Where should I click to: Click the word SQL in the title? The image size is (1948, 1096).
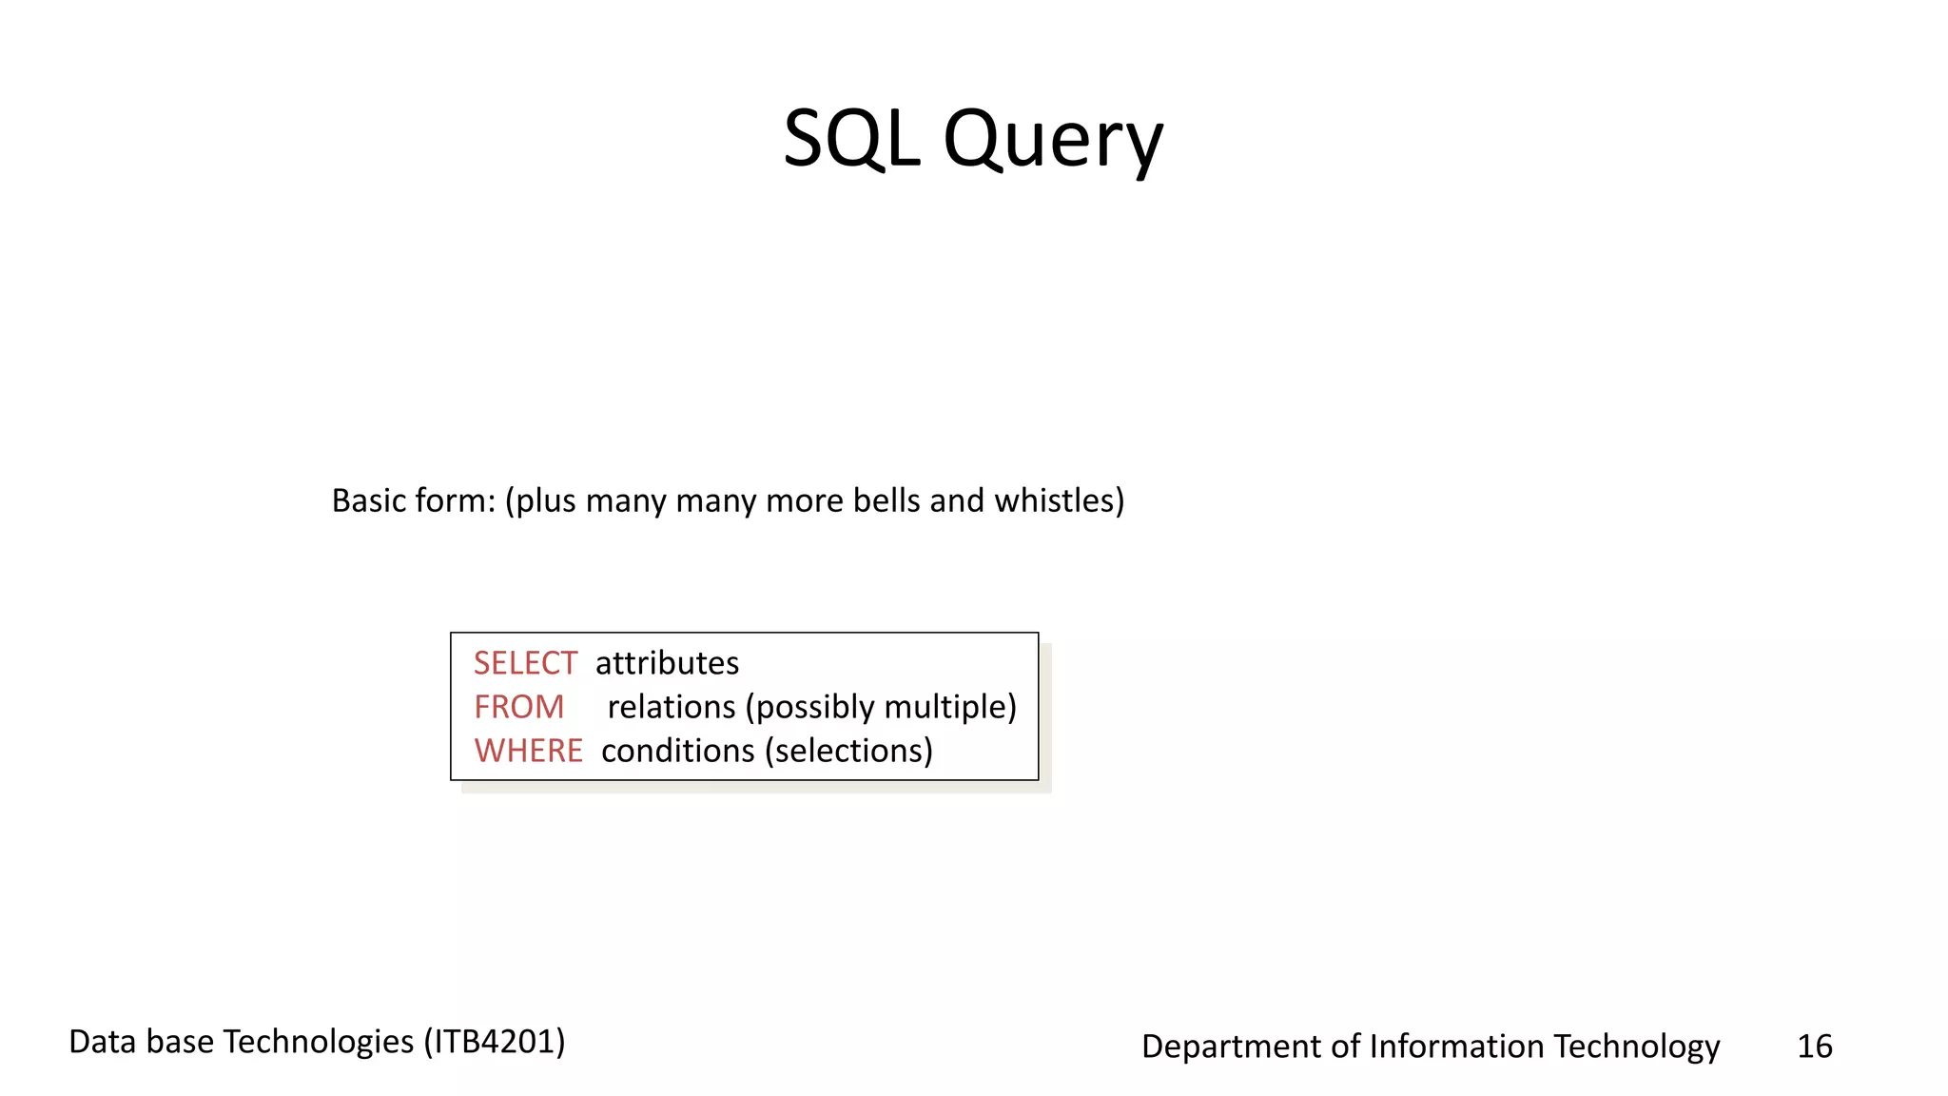[851, 139]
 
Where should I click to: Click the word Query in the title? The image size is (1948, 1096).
[1053, 141]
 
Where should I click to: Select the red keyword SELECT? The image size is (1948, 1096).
[525, 663]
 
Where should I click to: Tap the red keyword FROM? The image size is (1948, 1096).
[518, 707]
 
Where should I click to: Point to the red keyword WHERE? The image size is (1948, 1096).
[528, 751]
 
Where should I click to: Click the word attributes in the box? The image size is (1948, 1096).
[667, 663]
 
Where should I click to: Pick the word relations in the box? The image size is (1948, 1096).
[672, 707]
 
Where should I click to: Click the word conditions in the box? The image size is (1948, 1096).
[677, 751]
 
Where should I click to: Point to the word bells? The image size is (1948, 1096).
[886, 500]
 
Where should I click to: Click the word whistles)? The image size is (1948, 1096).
[1059, 500]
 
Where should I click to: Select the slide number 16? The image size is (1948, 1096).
[1814, 1047]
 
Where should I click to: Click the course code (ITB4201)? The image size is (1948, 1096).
[495, 1042]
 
